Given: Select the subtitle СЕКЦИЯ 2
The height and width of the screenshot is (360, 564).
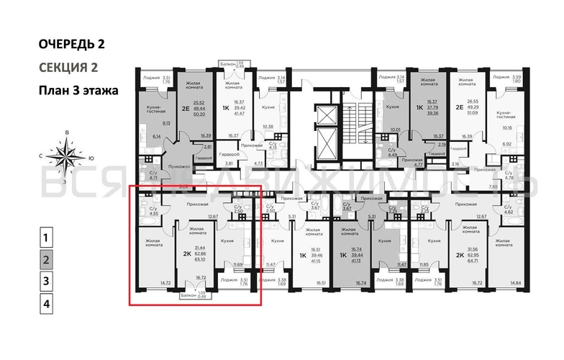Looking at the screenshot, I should [x=68, y=68].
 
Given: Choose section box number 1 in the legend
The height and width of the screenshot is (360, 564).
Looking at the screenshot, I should [x=45, y=237].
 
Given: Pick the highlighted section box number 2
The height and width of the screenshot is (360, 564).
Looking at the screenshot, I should [x=45, y=259].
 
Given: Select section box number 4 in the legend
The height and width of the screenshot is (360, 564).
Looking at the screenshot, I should [x=45, y=304].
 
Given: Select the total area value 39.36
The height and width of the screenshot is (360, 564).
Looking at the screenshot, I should [x=433, y=113].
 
